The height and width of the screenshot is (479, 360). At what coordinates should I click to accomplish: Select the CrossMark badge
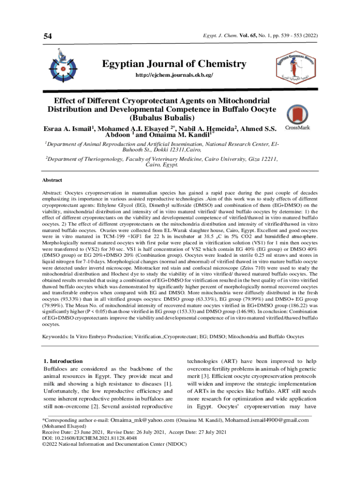[x=297, y=116]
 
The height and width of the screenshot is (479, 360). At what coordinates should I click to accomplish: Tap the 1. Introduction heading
[x=63, y=361]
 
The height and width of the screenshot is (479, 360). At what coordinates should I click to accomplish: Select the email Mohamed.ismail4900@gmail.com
[x=268, y=420]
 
